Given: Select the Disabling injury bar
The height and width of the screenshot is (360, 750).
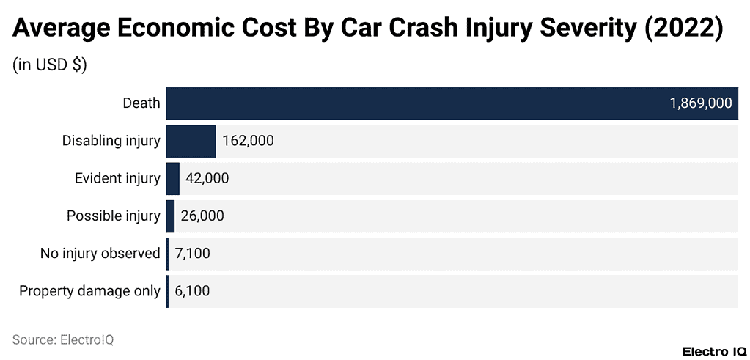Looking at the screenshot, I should [191, 141].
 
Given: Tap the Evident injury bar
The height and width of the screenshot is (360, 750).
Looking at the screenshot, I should [173, 178].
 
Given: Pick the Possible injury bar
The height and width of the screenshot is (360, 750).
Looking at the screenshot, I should [171, 216].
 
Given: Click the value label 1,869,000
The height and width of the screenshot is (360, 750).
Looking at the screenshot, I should [700, 103].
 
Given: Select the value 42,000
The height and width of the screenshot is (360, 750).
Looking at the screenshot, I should [207, 178].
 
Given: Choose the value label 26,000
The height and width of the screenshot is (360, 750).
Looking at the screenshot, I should [202, 216].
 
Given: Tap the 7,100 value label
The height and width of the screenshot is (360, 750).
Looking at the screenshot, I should [193, 254].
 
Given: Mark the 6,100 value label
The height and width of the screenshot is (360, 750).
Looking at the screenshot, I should [192, 291].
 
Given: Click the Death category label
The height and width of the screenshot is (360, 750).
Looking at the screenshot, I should [141, 103].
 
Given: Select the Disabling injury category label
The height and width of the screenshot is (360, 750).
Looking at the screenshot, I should [111, 141].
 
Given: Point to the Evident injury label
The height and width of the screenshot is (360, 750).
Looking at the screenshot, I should [117, 178].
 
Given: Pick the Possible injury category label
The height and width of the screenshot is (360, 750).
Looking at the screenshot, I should [113, 216].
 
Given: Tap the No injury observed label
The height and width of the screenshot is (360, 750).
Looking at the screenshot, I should [100, 254].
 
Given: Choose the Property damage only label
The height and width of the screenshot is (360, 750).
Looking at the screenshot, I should [89, 291].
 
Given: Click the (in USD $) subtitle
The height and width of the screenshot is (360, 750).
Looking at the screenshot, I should [50, 65].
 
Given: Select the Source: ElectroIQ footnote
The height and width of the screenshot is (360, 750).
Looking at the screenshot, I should [63, 339].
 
